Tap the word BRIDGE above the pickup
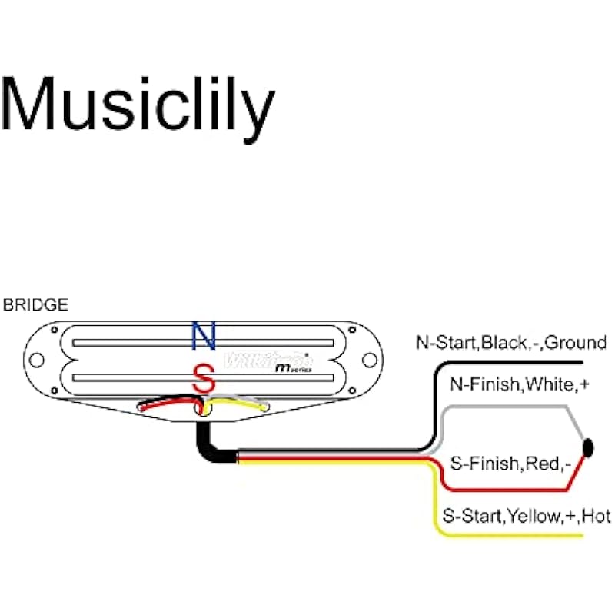click(x=35, y=305)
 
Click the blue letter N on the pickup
click(x=204, y=335)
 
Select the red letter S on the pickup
click(x=204, y=379)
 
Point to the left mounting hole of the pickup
click(x=35, y=357)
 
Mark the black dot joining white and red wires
click(x=590, y=447)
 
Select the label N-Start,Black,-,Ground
click(x=511, y=343)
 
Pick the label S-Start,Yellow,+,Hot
click(x=527, y=516)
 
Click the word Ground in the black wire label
click(x=577, y=343)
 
